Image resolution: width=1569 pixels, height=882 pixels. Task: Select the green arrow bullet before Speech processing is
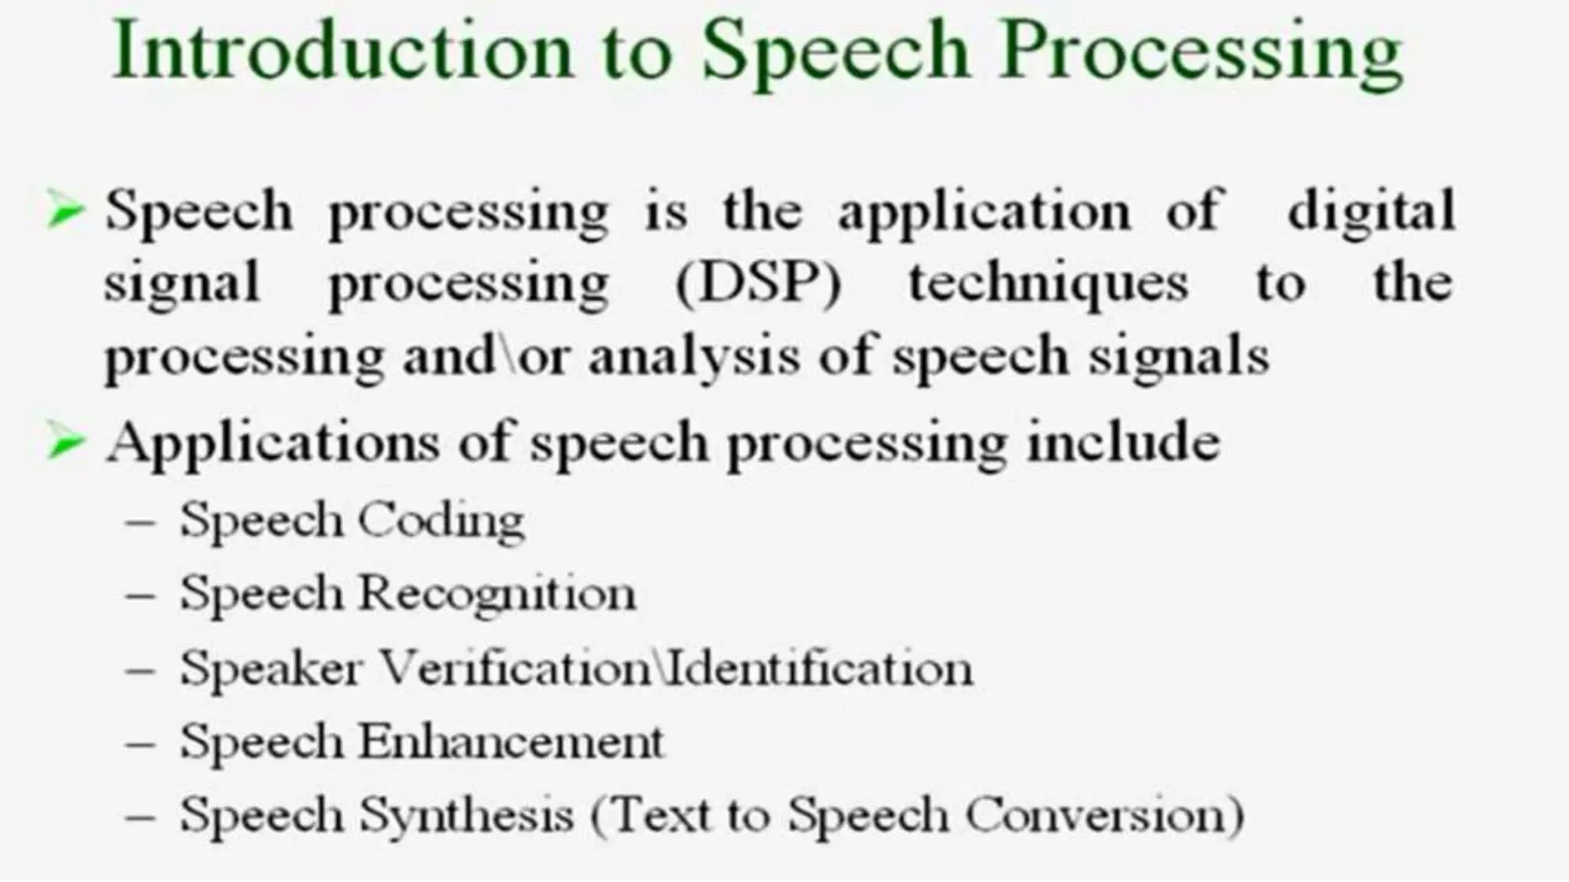64,211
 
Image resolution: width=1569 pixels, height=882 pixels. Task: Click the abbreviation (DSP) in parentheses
758,284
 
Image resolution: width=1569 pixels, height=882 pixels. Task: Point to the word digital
1371,211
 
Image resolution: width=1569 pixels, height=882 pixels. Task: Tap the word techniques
1048,284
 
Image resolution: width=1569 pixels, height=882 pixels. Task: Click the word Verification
516,668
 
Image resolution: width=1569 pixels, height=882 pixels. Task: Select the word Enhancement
511,742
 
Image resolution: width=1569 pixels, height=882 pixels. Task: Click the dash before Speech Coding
141,523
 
